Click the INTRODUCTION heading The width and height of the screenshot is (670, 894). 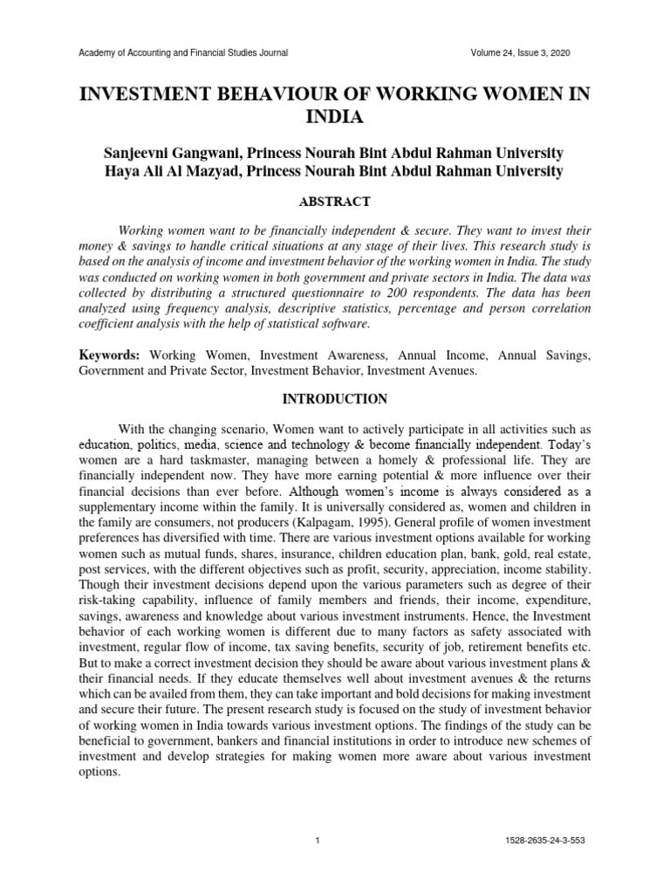[334, 399]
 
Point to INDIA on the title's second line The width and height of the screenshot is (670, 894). [335, 117]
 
